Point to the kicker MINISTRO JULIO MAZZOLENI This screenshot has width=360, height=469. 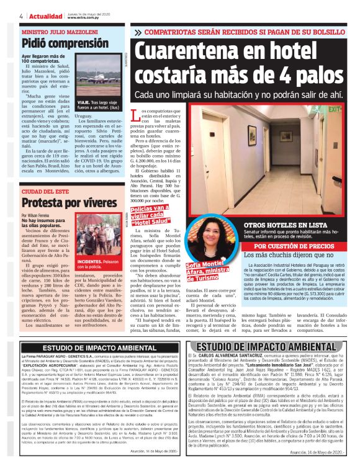click(x=56, y=31)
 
